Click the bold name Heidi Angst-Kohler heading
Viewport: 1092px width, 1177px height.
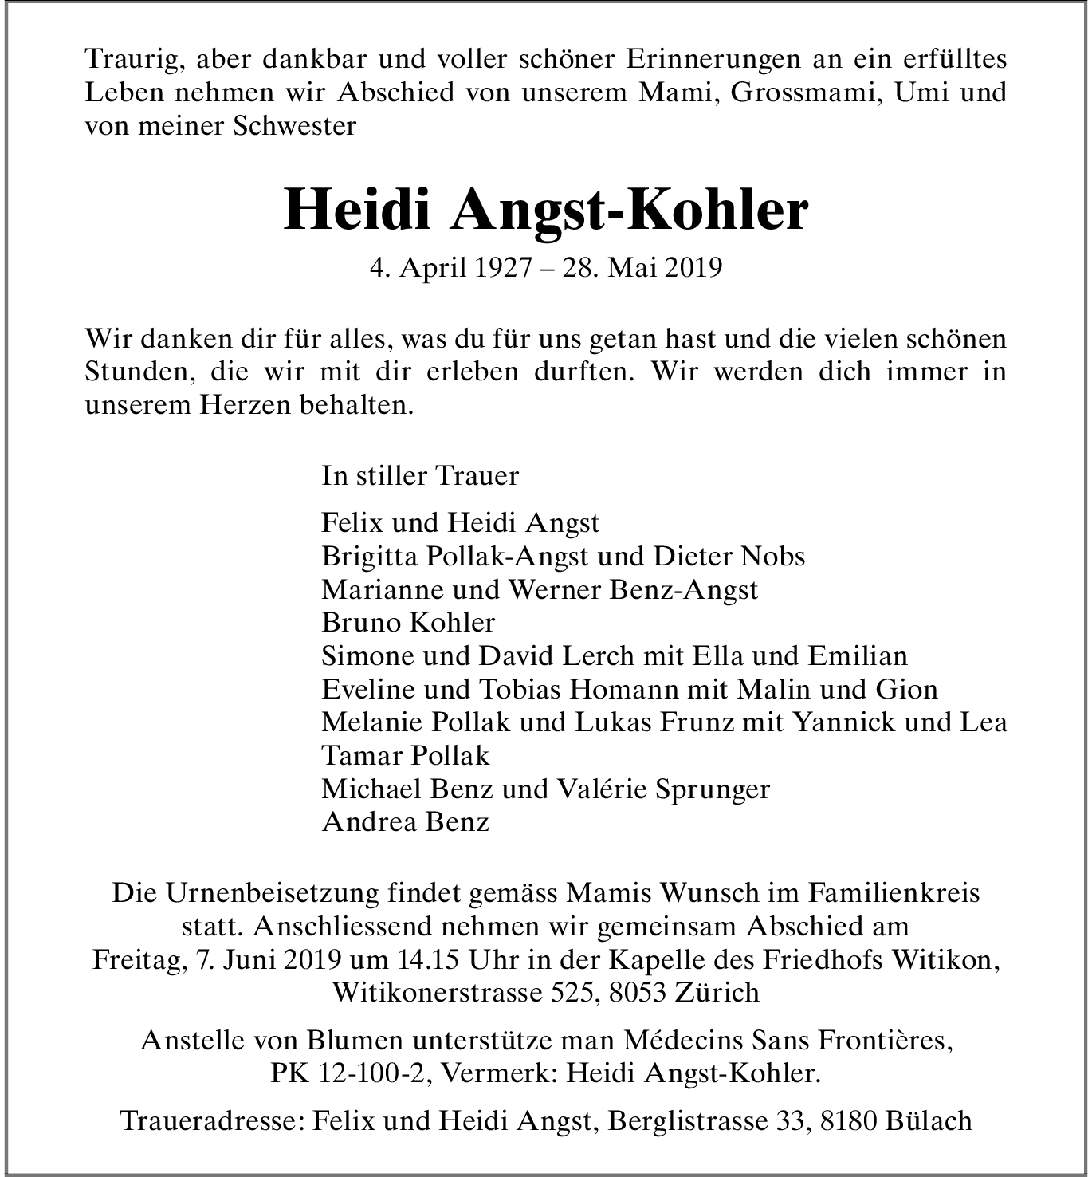[x=546, y=211]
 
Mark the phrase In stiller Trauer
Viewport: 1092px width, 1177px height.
[x=420, y=476]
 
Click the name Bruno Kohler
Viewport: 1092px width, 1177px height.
[x=408, y=622]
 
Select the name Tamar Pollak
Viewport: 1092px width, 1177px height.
[x=406, y=755]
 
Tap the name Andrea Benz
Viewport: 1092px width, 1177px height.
[x=405, y=822]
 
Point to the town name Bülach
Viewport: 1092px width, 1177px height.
[x=928, y=1121]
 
